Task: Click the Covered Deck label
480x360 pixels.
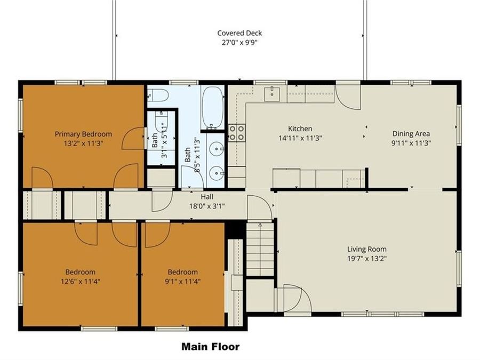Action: [239, 33]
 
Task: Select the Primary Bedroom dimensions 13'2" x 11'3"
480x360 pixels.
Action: [83, 143]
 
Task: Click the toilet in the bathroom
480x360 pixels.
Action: [158, 95]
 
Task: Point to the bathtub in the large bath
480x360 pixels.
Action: [212, 108]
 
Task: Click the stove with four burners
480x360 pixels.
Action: [237, 133]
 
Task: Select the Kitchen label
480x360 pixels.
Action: [300, 129]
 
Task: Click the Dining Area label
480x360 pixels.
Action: [411, 134]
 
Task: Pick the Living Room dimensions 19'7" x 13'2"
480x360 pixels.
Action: [367, 258]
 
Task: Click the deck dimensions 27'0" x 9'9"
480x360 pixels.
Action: [239, 43]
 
